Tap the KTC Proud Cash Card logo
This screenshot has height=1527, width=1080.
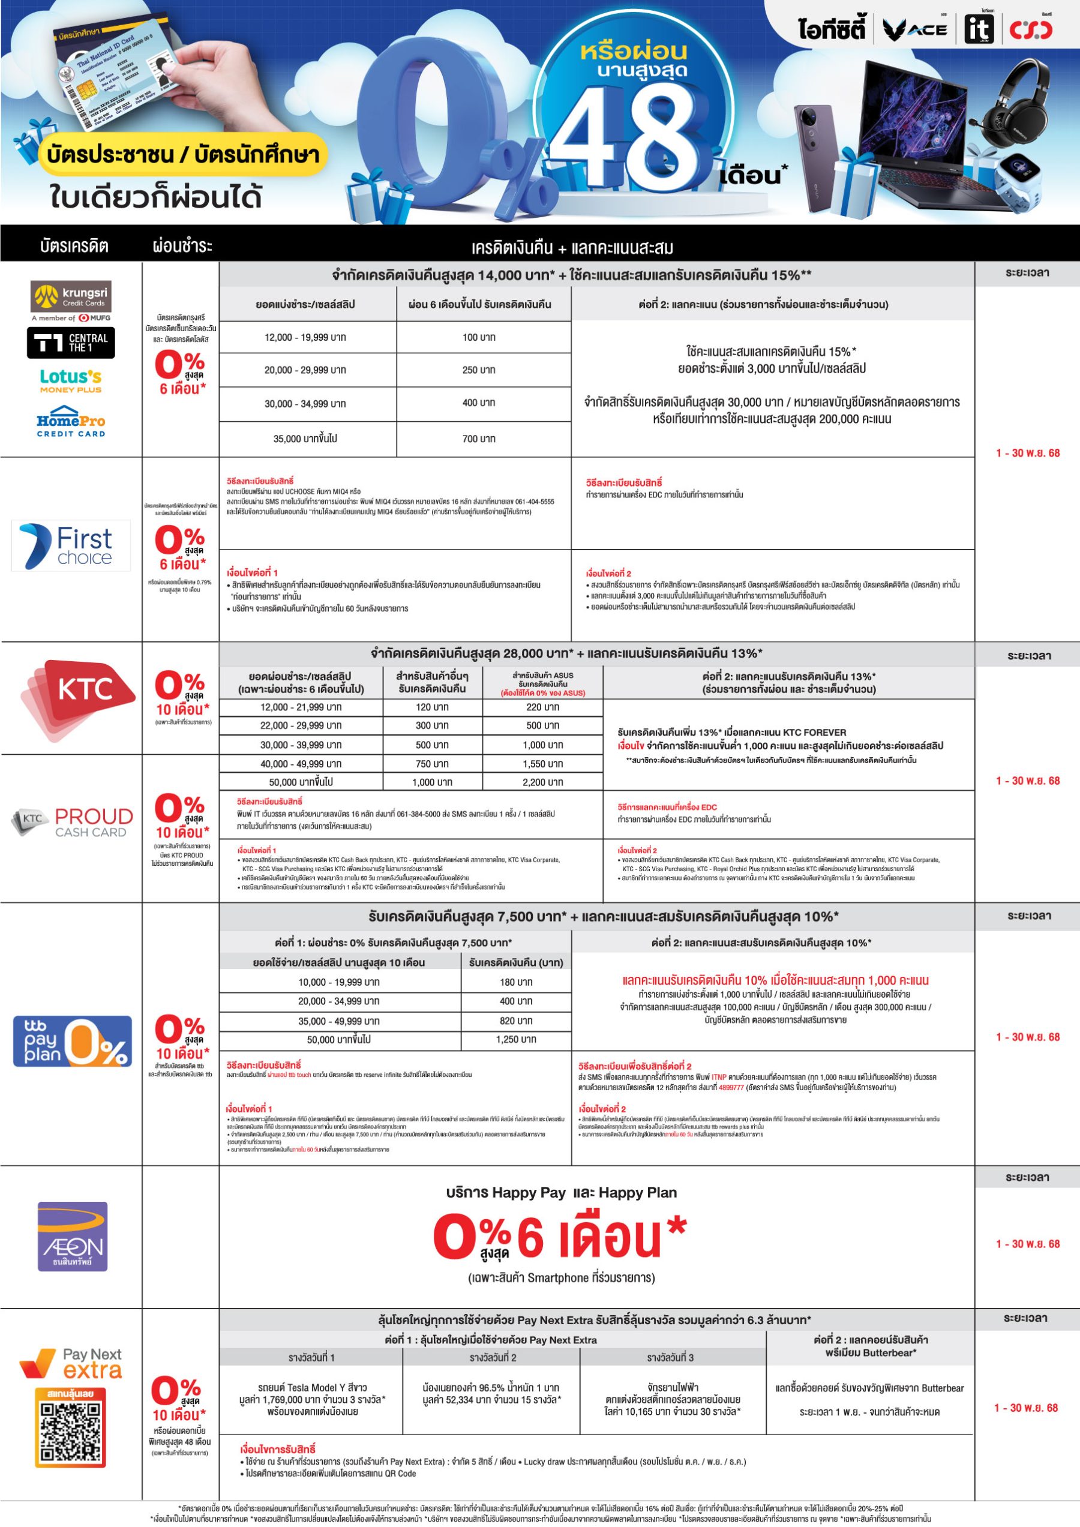click(73, 823)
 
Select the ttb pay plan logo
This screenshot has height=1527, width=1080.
click(73, 1041)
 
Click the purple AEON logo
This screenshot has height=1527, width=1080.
click(73, 1237)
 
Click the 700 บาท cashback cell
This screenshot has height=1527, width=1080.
click(479, 439)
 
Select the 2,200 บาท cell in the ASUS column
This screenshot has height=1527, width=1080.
click(542, 782)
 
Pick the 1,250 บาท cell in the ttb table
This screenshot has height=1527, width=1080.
click(516, 1040)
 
